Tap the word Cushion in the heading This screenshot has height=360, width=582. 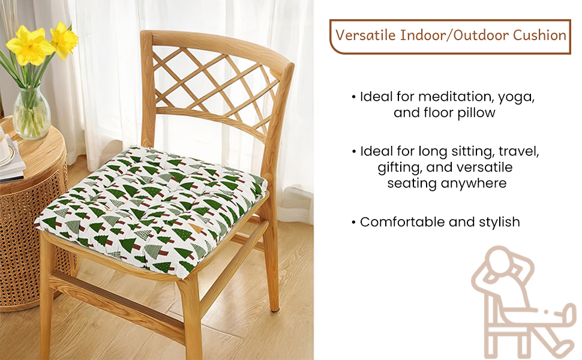tap(539, 35)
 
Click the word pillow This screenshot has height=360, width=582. tap(476, 113)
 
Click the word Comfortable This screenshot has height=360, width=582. tap(403, 222)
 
